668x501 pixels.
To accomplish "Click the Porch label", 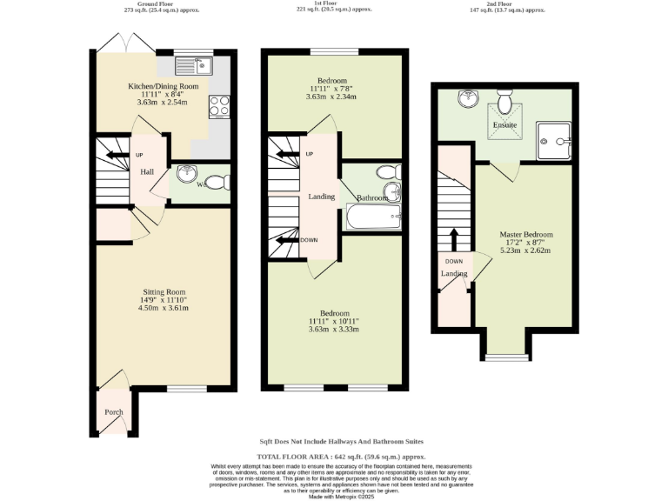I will click(114, 412).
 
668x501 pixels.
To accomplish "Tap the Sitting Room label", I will click(164, 291).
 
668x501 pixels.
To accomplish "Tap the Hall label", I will click(148, 172).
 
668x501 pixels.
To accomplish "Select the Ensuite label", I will click(505, 125).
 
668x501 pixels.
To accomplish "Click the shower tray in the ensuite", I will click(554, 137).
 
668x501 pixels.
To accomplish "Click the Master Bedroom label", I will click(525, 235).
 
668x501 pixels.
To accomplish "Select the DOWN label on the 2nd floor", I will click(454, 261).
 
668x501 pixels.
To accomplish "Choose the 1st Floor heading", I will click(334, 4).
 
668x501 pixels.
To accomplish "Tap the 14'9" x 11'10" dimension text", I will click(164, 300).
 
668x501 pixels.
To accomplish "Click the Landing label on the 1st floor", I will click(322, 197).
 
